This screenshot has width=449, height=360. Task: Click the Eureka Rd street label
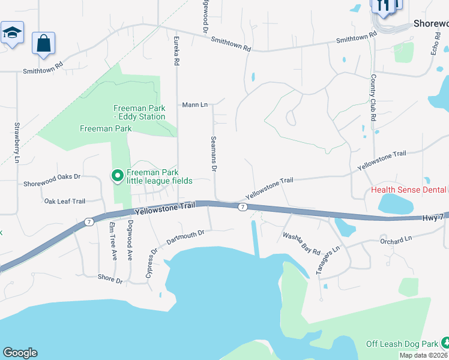coord(176,52)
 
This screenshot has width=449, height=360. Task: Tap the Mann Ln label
coord(195,105)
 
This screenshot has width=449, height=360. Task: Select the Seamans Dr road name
coord(213,154)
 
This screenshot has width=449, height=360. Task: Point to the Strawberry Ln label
coord(17,143)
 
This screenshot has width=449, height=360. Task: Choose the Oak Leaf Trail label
coord(65,202)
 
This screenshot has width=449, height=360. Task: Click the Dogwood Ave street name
coord(130,241)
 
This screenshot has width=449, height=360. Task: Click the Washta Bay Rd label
coord(301,244)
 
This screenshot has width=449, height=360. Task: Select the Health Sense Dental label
coord(409,190)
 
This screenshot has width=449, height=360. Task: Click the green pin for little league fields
coord(118,175)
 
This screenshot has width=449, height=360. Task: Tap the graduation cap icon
coord(11,33)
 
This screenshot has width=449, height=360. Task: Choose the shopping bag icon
coord(43,43)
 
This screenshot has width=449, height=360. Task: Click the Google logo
coord(20,353)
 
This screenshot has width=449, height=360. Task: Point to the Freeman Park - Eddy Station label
coord(139,112)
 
